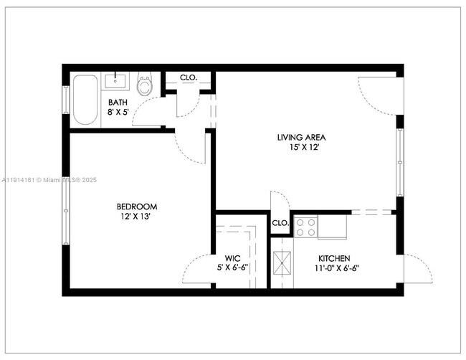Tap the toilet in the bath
(146, 85)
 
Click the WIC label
(232, 258)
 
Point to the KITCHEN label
(334, 258)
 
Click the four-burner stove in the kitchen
(305, 227)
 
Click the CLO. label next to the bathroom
(189, 77)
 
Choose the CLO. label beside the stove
(280, 223)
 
